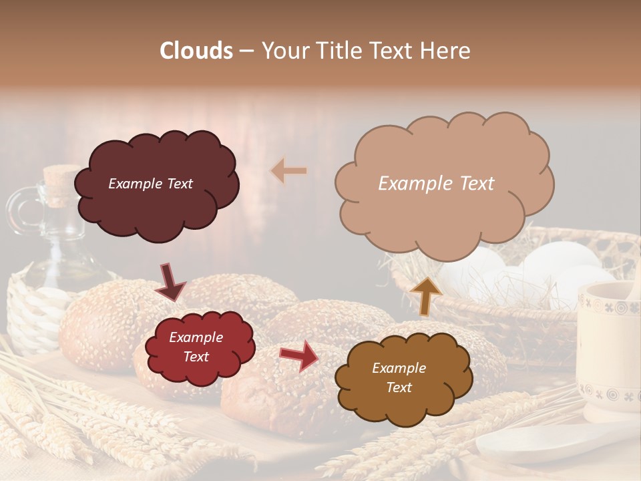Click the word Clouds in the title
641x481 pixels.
click(196, 51)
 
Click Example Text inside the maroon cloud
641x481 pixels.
click(150, 184)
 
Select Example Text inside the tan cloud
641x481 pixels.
click(436, 184)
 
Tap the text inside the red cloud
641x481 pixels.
click(196, 347)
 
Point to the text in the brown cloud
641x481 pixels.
click(399, 377)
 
